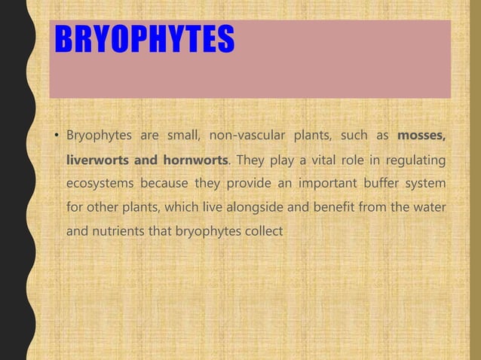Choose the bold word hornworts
196,160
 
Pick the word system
424,185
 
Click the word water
428,208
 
